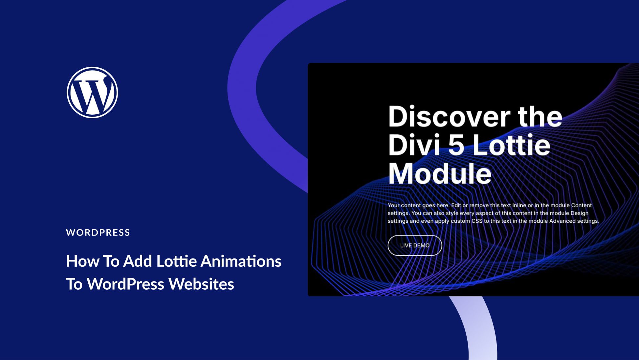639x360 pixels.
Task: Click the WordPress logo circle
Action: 92,92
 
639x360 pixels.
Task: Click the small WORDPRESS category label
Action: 98,233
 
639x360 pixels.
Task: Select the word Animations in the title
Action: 241,261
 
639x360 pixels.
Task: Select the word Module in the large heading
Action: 440,174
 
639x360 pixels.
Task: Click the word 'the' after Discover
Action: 540,117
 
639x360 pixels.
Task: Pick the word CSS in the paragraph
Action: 477,221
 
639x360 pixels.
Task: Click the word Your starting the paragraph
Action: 393,205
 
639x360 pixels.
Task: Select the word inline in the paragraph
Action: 519,205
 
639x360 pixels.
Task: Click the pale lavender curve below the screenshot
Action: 479,328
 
